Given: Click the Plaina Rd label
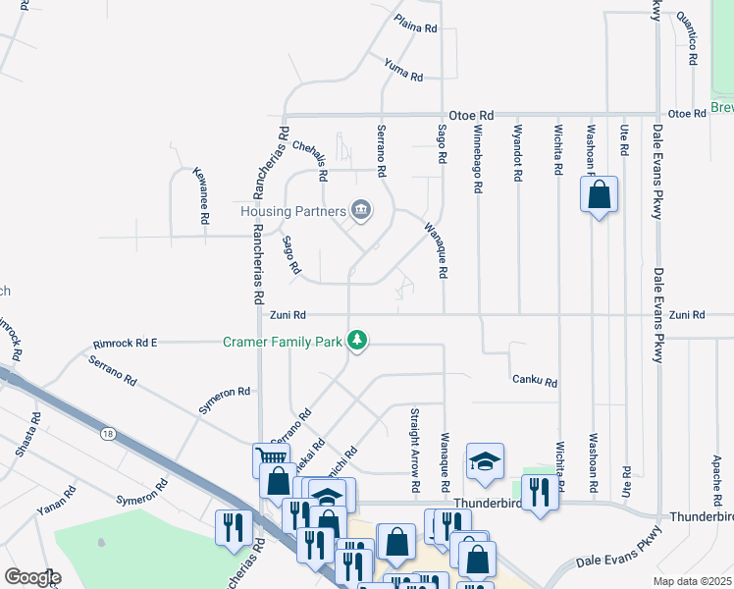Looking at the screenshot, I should pyautogui.click(x=415, y=25).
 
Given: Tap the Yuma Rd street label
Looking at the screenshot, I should pyautogui.click(x=403, y=70).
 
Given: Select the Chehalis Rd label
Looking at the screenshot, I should pyautogui.click(x=309, y=159).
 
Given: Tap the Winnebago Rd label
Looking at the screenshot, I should pyautogui.click(x=478, y=156).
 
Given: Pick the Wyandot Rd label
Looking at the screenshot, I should pyautogui.click(x=516, y=152).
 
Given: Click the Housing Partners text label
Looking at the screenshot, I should pyautogui.click(x=293, y=211).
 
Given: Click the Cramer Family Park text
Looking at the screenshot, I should pyautogui.click(x=282, y=342).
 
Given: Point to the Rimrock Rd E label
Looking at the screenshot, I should pyautogui.click(x=126, y=343).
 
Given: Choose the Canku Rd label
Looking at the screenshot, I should pyautogui.click(x=535, y=381).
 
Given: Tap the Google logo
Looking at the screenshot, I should pyautogui.click(x=32, y=577).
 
